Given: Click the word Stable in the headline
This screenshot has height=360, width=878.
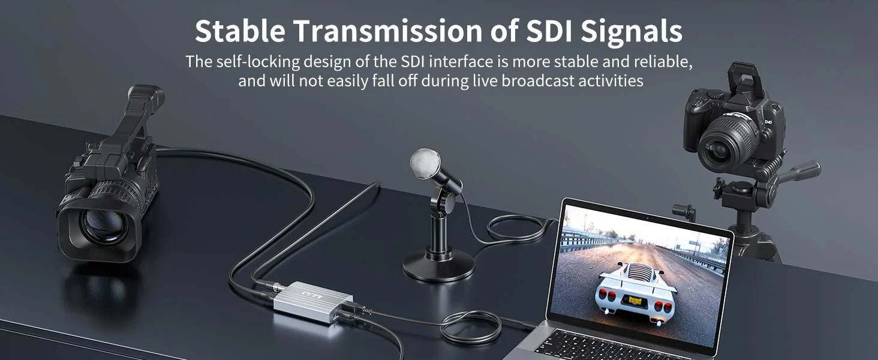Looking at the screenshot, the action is click(x=240, y=31).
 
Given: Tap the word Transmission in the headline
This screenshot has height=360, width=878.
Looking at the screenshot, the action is click(x=388, y=31).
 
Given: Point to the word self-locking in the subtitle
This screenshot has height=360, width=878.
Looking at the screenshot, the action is click(x=258, y=62).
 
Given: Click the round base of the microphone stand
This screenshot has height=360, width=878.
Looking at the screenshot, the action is click(x=438, y=265).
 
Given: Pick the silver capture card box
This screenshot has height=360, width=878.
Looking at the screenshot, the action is click(x=313, y=301).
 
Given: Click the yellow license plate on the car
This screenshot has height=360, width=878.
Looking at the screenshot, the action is click(x=635, y=301).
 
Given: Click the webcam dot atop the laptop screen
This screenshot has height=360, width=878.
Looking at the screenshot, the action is click(x=648, y=218).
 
